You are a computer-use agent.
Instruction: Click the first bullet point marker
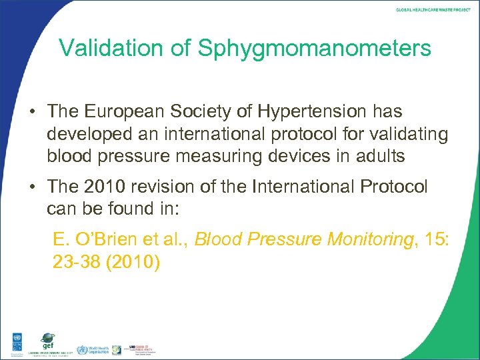click(x=31, y=112)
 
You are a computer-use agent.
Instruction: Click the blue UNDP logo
click(x=13, y=343)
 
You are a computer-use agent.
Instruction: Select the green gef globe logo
click(x=47, y=339)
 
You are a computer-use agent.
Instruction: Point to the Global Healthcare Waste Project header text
click(x=433, y=10)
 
